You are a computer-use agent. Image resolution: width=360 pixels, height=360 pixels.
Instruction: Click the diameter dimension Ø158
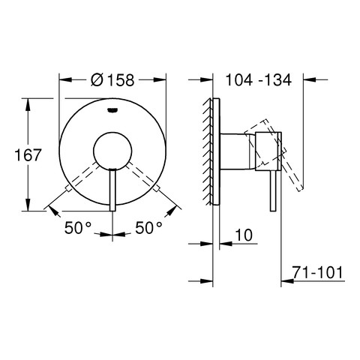(x=112, y=79)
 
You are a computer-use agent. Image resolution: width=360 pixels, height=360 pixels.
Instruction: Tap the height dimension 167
(x=28, y=155)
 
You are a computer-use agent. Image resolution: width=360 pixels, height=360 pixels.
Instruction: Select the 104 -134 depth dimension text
(x=259, y=79)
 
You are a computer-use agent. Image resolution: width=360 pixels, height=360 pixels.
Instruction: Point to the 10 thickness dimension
(x=244, y=235)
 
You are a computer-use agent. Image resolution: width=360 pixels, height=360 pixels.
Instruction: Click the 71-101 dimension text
(x=318, y=272)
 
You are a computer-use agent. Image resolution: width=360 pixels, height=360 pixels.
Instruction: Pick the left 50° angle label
(x=78, y=228)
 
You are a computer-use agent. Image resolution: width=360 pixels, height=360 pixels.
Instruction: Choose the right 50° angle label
(x=149, y=228)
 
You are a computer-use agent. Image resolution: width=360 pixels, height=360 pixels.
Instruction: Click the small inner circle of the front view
(x=112, y=151)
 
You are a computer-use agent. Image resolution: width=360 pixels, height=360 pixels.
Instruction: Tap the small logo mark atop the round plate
(x=112, y=109)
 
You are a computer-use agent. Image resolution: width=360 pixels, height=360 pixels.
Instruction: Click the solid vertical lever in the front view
(x=112, y=190)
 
